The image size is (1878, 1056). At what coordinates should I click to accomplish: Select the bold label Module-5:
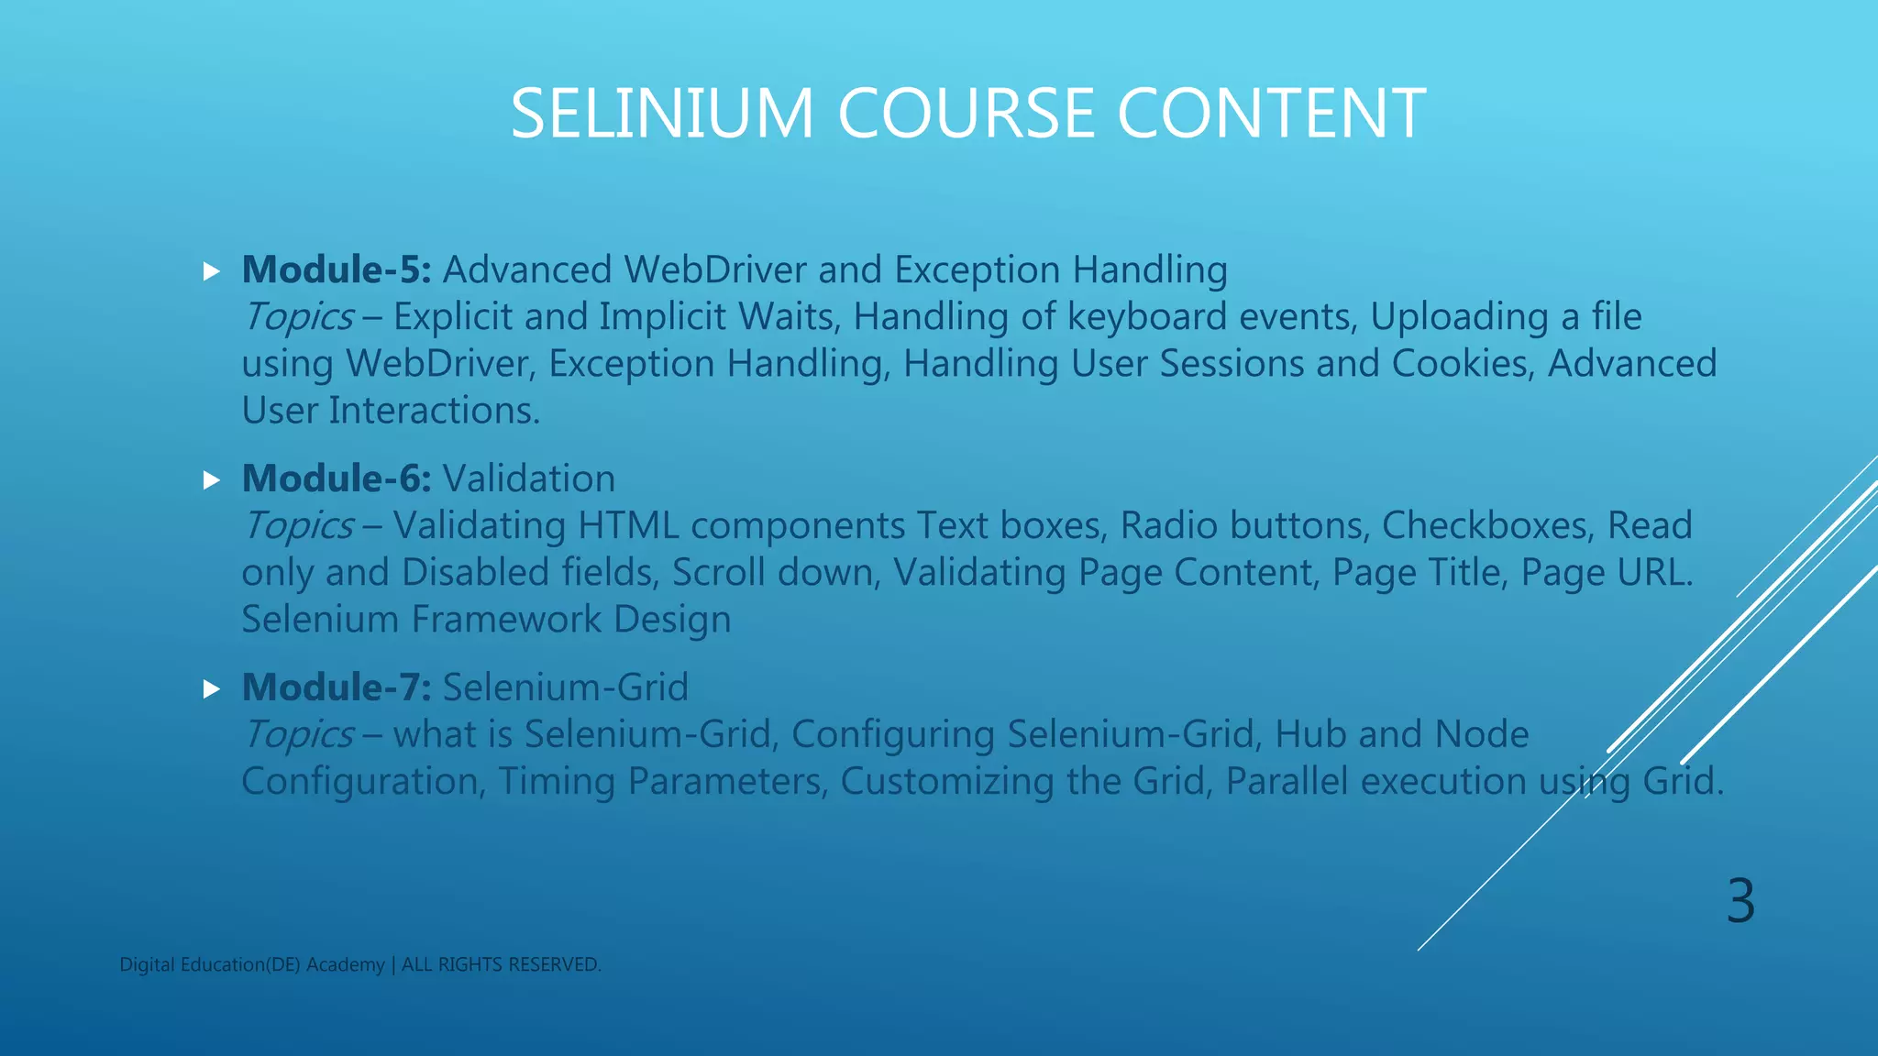pos(336,269)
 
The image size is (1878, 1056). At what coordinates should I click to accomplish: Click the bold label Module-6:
pos(336,478)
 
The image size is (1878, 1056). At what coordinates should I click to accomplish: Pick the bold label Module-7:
pos(336,687)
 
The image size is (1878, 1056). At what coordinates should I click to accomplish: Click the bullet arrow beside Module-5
pos(212,271)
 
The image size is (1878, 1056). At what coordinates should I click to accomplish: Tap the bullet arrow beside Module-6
pos(212,480)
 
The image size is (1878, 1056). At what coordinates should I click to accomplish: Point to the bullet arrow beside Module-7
pos(212,689)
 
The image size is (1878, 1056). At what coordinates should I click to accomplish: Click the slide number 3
pos(1740,901)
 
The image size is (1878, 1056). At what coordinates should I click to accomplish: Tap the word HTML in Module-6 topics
pos(628,526)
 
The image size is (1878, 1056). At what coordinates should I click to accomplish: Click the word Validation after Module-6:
pos(529,478)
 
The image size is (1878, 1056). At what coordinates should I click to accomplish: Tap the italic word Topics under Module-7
pos(298,735)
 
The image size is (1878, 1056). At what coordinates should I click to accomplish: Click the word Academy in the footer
pos(345,965)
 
